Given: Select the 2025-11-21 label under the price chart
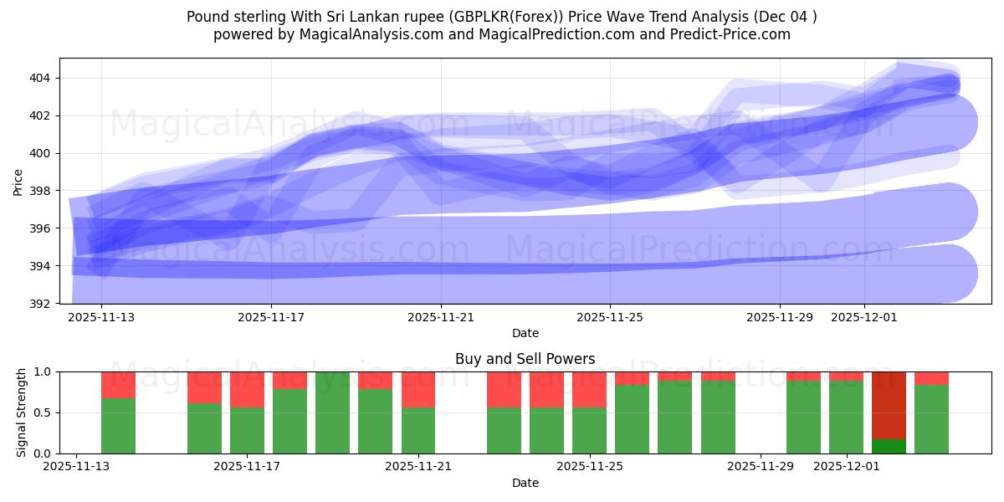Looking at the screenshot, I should pos(440,318).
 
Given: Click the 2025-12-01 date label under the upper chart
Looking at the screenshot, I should pos(864,318).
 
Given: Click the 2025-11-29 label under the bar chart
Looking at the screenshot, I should pos(761,467).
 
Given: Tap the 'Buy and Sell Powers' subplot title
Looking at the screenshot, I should pos(525,359).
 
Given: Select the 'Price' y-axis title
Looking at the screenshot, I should pos(18,181).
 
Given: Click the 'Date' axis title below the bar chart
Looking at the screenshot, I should pos(525,483).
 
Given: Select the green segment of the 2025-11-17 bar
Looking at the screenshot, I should pos(247,431).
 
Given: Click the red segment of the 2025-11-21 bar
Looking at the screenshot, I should pos(418,389).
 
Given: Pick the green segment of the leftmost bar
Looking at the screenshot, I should pos(118,426).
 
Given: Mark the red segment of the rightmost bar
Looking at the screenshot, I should pos(931,378).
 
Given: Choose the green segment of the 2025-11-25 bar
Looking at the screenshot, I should pos(589,431).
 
